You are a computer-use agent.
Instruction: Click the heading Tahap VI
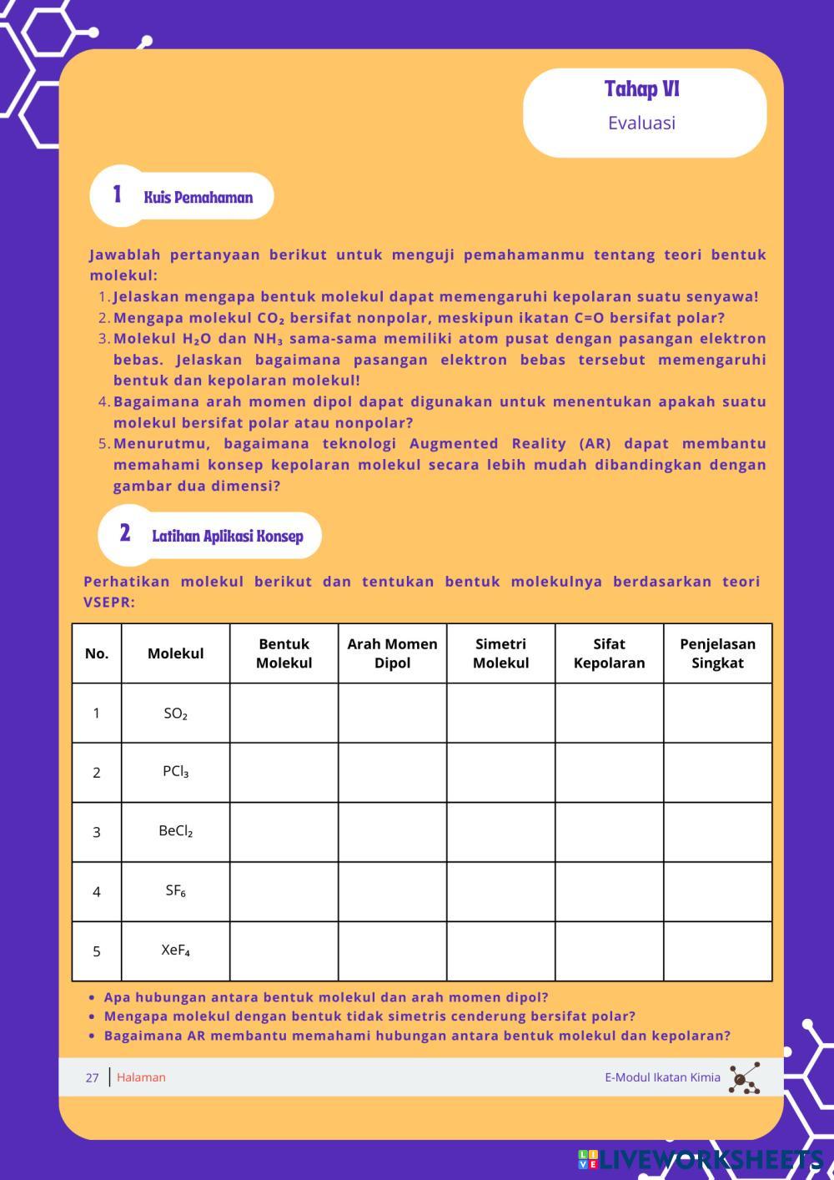[641, 88]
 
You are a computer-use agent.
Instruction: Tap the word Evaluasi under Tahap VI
[641, 123]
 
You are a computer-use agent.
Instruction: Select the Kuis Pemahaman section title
[198, 198]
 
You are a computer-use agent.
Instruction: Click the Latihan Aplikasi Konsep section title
[227, 536]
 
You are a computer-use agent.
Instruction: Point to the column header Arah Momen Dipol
[392, 653]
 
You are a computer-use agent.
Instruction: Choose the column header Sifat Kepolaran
[609, 653]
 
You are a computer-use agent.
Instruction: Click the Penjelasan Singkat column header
[717, 653]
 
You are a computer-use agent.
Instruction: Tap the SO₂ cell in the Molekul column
[175, 714]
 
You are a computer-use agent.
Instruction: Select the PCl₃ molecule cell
[175, 772]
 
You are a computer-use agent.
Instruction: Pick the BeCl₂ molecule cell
[175, 831]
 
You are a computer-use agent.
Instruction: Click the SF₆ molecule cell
[175, 890]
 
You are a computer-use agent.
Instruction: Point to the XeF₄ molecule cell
[175, 951]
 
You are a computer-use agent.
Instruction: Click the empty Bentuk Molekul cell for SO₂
[284, 714]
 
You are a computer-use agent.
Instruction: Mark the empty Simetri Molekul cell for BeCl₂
[500, 832]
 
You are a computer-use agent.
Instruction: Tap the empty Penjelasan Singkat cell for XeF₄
[717, 951]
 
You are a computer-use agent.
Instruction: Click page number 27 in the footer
[92, 1077]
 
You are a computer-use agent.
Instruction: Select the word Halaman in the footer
[141, 1077]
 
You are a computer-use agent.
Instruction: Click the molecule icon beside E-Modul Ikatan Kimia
[744, 1078]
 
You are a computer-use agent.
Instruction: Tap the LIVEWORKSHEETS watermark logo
[701, 1160]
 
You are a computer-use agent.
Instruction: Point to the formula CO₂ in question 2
[271, 318]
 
